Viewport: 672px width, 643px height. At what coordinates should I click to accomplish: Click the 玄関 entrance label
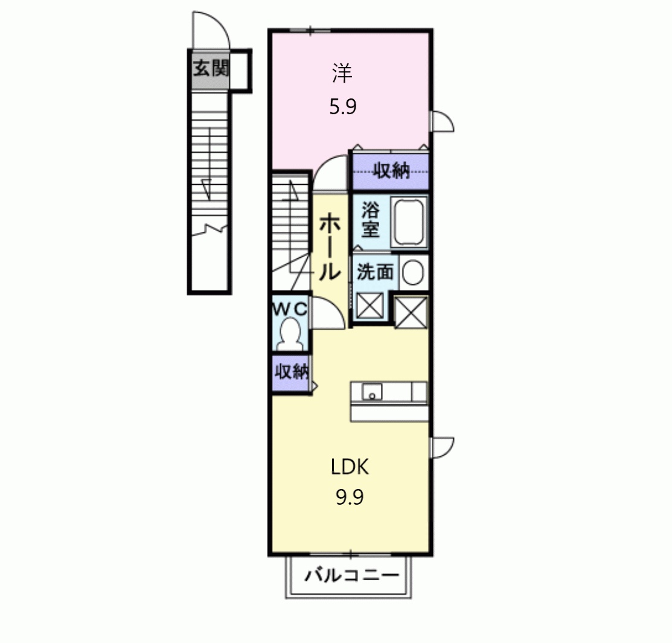[x=211, y=69]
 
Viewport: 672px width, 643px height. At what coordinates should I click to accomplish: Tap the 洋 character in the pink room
[x=342, y=73]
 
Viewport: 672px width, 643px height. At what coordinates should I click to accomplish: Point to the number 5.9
[x=343, y=106]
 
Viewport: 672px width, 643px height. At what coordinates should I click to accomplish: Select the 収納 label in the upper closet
[x=391, y=171]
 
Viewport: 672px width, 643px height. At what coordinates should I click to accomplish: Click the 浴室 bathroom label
[x=370, y=220]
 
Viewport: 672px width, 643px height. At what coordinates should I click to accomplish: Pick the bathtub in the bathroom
[x=409, y=222]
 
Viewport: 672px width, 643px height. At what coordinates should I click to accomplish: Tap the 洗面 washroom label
[x=376, y=272]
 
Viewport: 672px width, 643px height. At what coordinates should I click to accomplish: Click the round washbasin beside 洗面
[x=413, y=273]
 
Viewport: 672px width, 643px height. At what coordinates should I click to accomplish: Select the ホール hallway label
[x=330, y=248]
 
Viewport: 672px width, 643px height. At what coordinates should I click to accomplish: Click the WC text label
[x=290, y=309]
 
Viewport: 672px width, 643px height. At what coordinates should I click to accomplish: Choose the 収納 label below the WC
[x=292, y=372]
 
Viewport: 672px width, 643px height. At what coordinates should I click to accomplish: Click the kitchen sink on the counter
[x=372, y=392]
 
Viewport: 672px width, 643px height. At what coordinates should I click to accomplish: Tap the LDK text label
[x=350, y=467]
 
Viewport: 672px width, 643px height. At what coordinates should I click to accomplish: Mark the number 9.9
[x=350, y=497]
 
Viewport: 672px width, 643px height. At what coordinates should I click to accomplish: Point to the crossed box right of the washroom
[x=411, y=312]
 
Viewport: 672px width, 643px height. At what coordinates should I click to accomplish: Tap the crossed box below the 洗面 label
[x=370, y=306]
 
